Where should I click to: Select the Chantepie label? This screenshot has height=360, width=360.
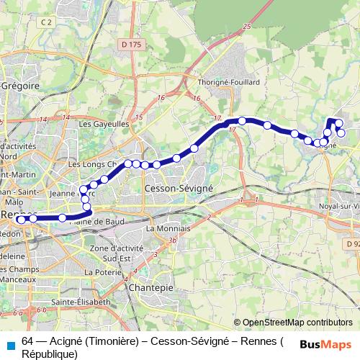point(147,287)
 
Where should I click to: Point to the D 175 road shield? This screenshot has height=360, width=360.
point(131,45)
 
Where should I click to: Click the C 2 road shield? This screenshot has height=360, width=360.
point(48,23)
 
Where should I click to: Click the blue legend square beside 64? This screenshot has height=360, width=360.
point(9,342)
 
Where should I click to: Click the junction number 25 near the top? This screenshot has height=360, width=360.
point(247,27)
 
